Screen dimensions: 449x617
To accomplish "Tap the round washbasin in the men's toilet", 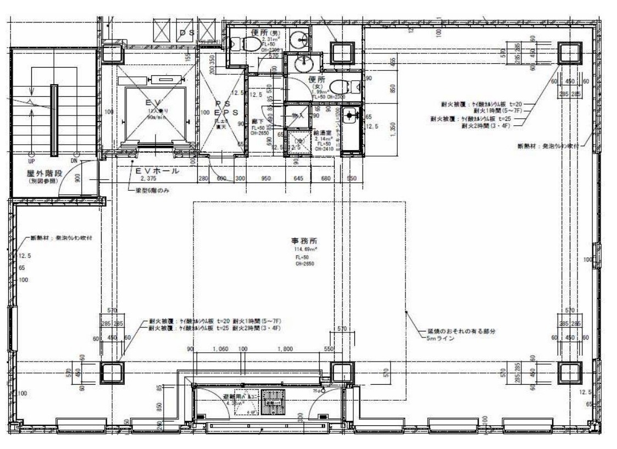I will click(x=300, y=40).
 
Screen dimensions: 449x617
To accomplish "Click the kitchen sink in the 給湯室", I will click(x=349, y=116).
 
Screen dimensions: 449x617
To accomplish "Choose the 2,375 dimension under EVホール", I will click(x=149, y=179).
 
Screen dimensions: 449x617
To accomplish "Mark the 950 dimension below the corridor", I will click(x=266, y=179).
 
